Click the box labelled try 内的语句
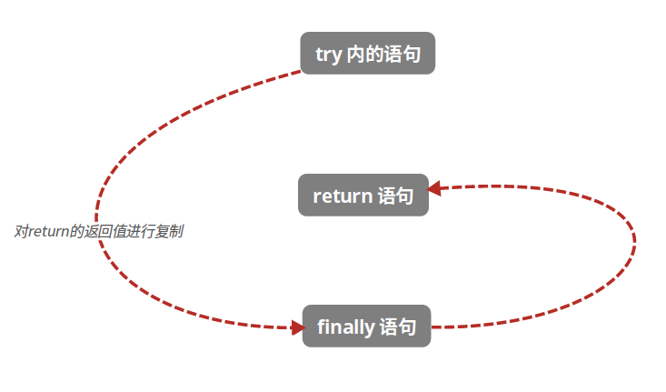point(367,54)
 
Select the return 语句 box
point(363,196)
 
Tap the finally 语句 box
point(366,327)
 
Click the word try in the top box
point(328,55)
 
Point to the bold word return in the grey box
point(342,196)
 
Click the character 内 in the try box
point(354,55)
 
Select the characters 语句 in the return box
point(395,196)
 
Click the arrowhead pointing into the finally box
point(297,327)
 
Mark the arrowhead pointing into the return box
point(434,188)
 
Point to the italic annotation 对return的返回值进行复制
point(98,231)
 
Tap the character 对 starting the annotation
point(21,231)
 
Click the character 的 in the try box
point(373,55)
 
